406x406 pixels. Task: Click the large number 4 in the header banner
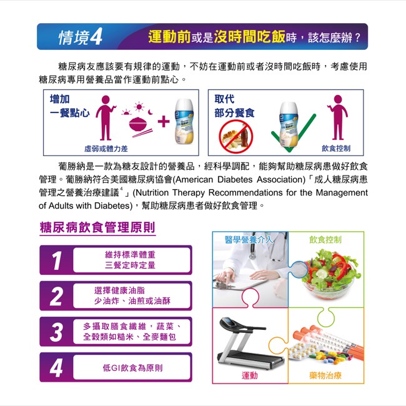point(96,37)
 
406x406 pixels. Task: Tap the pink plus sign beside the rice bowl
point(164,121)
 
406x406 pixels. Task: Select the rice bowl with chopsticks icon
point(140,127)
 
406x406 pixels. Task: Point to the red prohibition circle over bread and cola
point(235,137)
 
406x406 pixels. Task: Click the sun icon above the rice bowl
point(139,106)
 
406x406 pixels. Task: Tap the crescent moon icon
point(151,112)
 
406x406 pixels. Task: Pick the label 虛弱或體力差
point(106,149)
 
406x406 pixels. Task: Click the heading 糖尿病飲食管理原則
point(97,227)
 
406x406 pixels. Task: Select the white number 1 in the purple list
point(57,260)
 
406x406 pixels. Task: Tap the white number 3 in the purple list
point(56,332)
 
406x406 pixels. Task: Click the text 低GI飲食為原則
point(132,368)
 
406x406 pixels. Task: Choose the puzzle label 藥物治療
point(325,375)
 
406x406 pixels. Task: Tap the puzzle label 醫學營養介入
point(249,240)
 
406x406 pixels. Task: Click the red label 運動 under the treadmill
point(250,375)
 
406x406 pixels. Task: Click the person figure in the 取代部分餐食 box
point(338,117)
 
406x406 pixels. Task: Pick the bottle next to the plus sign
point(184,121)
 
